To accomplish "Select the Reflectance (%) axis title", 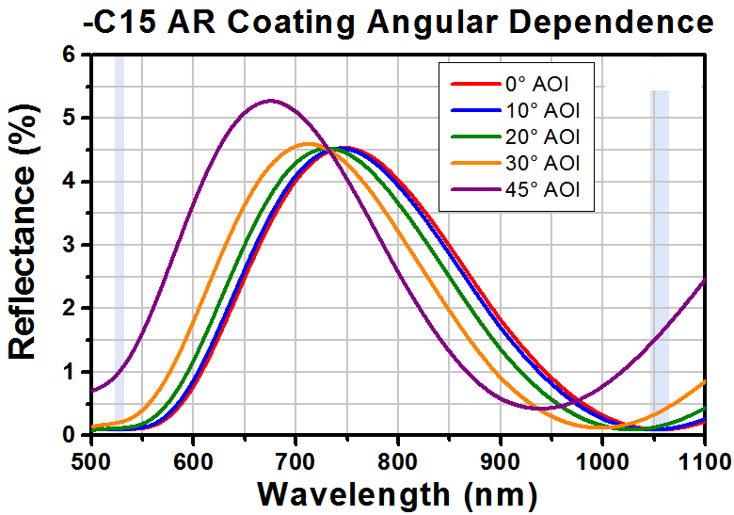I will click(23, 246).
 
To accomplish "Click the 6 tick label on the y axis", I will click(67, 55).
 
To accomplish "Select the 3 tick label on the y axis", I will click(67, 245).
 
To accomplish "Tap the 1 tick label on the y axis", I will click(67, 372).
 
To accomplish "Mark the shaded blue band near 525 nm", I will click(119, 235).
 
